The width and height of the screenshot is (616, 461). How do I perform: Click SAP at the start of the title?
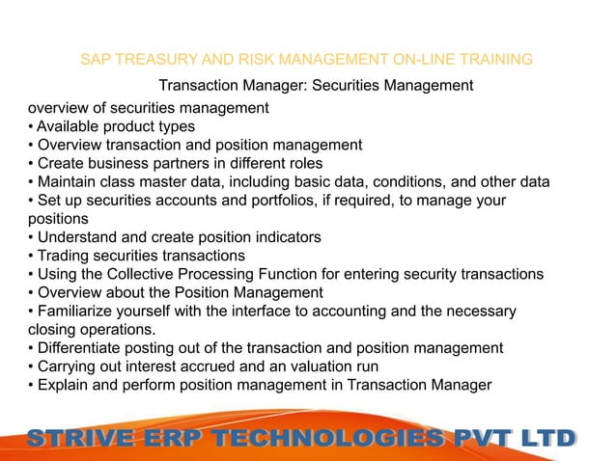pyautogui.click(x=95, y=60)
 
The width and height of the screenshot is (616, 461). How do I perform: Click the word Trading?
pyautogui.click(x=64, y=256)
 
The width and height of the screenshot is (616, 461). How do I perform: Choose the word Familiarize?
pyautogui.click(x=79, y=311)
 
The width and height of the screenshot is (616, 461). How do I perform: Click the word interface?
pyautogui.click(x=271, y=311)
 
